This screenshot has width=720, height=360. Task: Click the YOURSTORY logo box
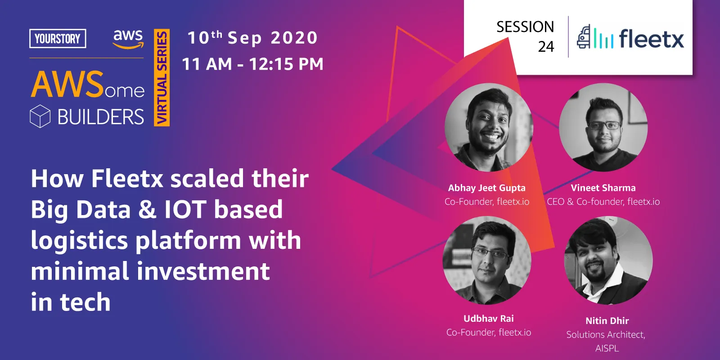tap(58, 39)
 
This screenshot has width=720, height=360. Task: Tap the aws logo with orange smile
tap(128, 39)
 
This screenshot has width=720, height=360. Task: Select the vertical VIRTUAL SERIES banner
tap(162, 77)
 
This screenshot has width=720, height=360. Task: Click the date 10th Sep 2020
tap(252, 37)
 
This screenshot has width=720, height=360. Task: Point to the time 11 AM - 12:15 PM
tap(252, 63)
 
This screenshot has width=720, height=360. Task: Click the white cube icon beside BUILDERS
tap(40, 116)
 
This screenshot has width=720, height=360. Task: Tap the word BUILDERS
tap(101, 117)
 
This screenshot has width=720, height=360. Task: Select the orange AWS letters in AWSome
tap(67, 85)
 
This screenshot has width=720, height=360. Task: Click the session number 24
tap(546, 47)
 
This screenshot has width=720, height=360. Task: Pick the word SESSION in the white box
tap(525, 27)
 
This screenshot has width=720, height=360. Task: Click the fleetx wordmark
tap(652, 39)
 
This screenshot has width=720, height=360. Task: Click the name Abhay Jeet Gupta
tap(486, 188)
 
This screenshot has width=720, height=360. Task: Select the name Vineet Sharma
tap(603, 188)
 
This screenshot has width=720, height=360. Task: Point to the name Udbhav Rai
tap(489, 319)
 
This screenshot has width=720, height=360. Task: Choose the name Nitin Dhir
tap(607, 321)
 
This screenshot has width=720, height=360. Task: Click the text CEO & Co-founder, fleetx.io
tap(603, 202)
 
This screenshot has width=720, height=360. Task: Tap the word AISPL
tap(607, 348)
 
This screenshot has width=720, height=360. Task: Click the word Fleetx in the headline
tap(127, 178)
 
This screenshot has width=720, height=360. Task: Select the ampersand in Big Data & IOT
tap(147, 210)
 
